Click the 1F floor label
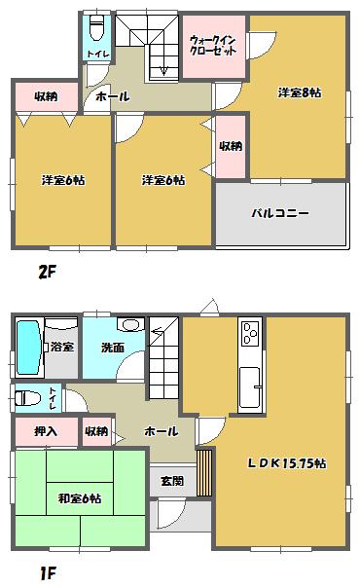pos(45,574)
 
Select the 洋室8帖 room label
pos(299,93)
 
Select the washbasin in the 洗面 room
pos(130,325)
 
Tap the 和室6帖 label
pos(80,498)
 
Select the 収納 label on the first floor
pos(96,430)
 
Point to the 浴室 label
pos(60,346)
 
